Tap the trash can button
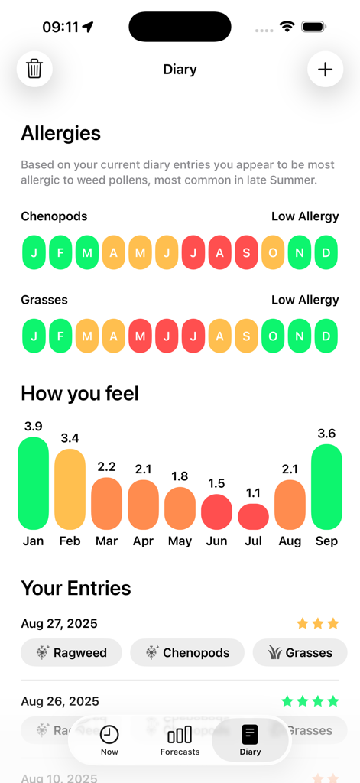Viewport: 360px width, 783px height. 34,69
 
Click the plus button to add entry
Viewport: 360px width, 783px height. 325,69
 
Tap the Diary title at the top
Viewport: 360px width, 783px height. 180,70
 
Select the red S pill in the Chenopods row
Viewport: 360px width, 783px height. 246,253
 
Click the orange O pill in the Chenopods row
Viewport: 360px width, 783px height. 273,253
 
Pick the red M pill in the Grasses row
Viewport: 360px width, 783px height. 140,336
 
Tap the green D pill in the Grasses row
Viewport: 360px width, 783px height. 326,336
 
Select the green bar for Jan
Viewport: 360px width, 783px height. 33,483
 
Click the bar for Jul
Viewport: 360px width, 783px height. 253,517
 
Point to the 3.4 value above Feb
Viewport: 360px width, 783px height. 70,438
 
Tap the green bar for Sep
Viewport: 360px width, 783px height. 326,487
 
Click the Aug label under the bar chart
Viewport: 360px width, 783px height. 290,541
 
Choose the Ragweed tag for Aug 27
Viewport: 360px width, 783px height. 70,652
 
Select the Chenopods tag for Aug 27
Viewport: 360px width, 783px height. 187,652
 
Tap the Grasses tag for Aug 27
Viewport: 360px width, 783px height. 300,652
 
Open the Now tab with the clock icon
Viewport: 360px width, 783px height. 109,739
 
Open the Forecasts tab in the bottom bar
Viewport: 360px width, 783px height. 180,739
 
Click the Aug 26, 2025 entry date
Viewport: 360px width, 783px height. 60,701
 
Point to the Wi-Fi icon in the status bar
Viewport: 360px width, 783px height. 287,27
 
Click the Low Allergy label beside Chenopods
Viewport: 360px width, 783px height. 304,216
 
